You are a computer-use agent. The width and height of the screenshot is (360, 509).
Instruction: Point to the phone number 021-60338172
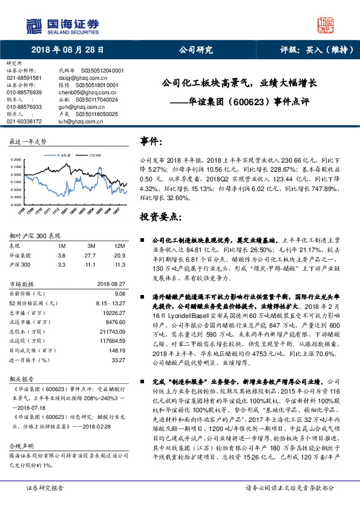pos(24,121)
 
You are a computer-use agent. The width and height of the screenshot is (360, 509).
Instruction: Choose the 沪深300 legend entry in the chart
pos(91,155)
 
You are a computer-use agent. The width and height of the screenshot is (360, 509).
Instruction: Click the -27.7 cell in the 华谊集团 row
pos(91,256)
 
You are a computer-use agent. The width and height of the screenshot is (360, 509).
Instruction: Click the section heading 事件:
pos(151,141)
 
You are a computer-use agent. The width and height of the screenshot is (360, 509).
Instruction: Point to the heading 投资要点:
pos(158,216)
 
